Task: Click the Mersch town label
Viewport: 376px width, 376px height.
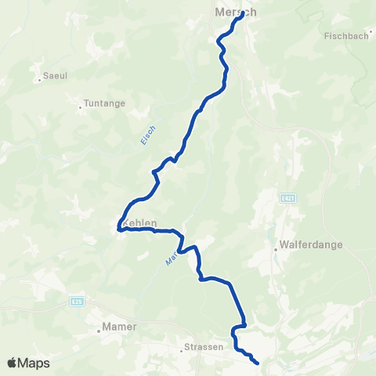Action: tap(235, 13)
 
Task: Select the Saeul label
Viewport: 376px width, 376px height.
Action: tap(56, 76)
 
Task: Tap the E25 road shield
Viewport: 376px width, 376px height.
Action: tap(76, 300)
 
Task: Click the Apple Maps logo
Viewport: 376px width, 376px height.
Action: tap(29, 363)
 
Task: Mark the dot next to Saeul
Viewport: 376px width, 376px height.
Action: tap(38, 79)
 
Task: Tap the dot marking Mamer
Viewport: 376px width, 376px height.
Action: tap(98, 330)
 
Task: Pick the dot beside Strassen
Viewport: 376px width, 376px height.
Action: tap(181, 349)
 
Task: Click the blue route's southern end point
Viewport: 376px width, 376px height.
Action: tap(258, 362)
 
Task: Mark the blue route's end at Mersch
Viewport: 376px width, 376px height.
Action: tap(240, 19)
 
